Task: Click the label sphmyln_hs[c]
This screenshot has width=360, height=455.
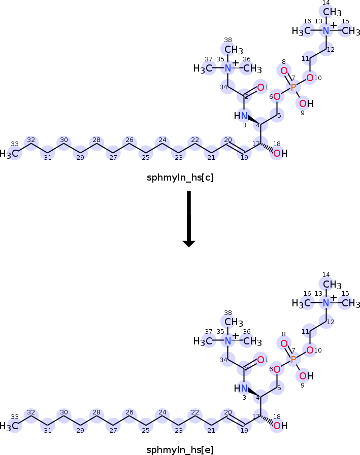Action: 180,178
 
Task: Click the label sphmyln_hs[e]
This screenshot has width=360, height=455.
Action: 180,450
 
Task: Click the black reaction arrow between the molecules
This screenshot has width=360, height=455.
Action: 189,219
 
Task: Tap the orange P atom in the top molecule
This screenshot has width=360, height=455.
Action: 293,87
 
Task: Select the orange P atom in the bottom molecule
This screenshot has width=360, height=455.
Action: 293,360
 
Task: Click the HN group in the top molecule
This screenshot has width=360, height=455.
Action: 241,116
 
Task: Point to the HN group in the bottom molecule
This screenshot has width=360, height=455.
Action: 241,388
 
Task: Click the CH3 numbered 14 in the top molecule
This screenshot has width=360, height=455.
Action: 332,12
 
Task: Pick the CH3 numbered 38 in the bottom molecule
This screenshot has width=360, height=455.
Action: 234,322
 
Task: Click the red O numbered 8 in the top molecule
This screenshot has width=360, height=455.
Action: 284,71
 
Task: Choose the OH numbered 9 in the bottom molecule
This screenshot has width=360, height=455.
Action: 306,376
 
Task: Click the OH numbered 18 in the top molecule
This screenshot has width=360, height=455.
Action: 280,153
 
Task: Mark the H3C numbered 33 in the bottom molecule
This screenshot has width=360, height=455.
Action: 9,426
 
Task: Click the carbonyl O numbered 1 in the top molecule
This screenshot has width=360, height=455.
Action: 260,87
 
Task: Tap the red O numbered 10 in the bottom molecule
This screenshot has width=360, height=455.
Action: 310,350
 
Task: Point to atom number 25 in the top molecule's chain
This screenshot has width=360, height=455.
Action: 146,153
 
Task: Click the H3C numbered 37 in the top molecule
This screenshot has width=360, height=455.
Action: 203,69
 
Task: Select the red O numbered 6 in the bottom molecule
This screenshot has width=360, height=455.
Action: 277,369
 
